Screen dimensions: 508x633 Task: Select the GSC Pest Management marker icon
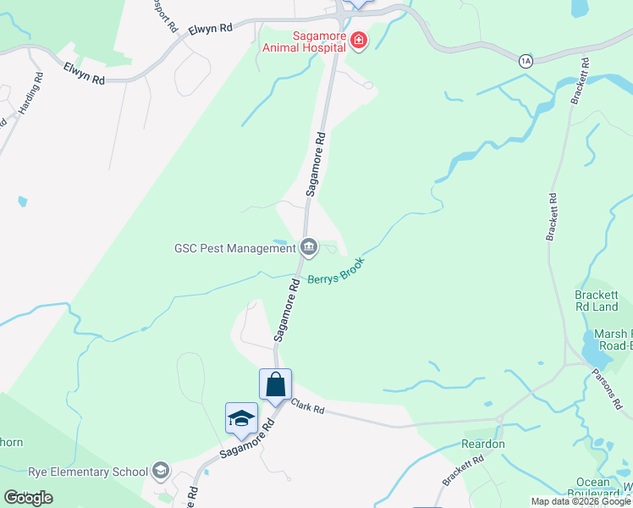point(309,247)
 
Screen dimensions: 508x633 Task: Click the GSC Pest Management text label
point(234,248)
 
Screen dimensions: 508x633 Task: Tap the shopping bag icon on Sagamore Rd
point(276,385)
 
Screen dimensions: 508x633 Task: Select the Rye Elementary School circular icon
point(160,472)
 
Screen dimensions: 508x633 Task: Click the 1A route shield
point(526,60)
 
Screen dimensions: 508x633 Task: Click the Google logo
point(28,497)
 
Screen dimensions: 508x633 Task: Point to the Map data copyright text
point(581,501)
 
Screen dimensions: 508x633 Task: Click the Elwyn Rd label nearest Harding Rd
point(83,75)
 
